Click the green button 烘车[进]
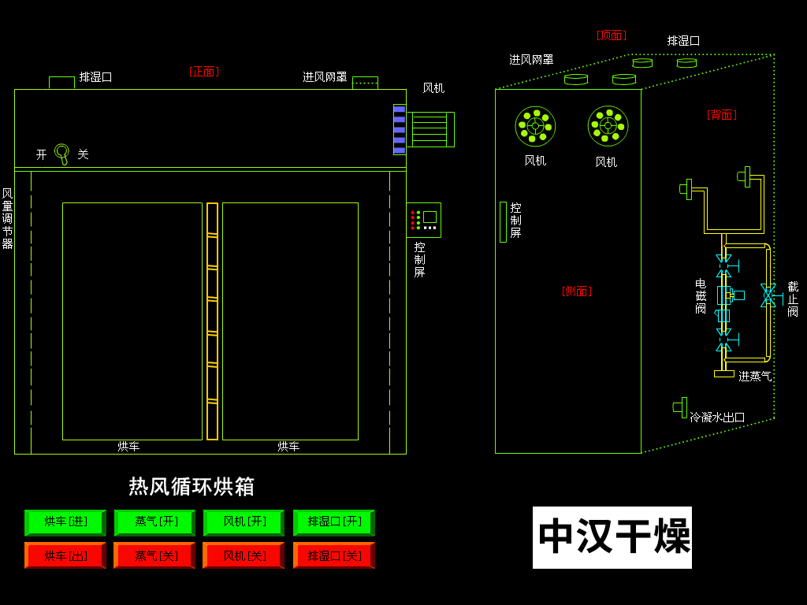(x=65, y=522)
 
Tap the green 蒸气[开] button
(x=154, y=522)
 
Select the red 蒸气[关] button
(x=154, y=555)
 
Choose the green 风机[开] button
(x=244, y=522)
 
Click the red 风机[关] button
(x=244, y=555)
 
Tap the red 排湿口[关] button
(x=334, y=555)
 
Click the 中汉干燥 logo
(x=612, y=537)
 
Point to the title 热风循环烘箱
(x=192, y=486)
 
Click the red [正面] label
(x=204, y=72)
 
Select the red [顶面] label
(x=611, y=35)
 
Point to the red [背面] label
(x=721, y=115)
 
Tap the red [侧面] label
(x=576, y=291)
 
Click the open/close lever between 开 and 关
(x=62, y=153)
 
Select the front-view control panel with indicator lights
(x=423, y=220)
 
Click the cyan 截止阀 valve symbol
(x=768, y=295)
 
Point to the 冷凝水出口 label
(x=717, y=418)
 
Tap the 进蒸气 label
(x=755, y=377)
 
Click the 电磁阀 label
(x=701, y=296)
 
